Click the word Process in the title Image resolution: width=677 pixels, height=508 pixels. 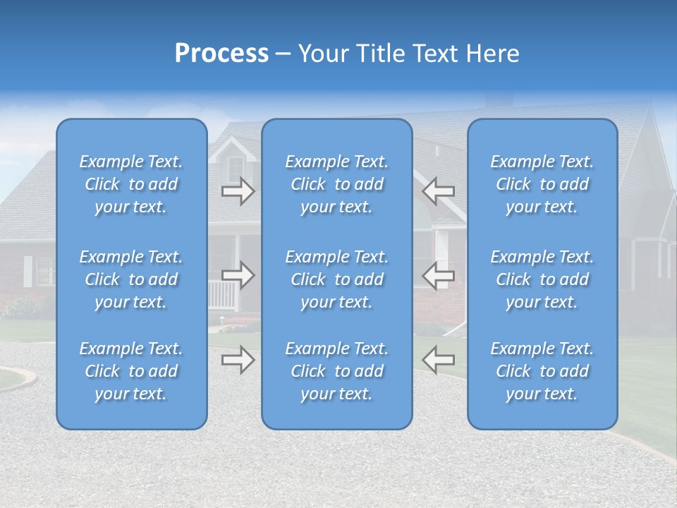[221, 54]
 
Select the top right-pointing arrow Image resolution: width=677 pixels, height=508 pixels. [238, 191]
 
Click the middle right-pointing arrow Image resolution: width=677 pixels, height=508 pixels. [238, 275]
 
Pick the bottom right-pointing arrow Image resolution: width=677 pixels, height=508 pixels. [238, 360]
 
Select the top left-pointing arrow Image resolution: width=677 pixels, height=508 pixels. [438, 191]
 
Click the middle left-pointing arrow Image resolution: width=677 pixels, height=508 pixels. [438, 275]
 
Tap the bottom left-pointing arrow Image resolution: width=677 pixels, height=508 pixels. [438, 360]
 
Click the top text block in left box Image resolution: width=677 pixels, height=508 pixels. [131, 184]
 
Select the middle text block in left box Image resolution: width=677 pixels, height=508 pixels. [131, 279]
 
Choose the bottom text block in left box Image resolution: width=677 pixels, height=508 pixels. [131, 371]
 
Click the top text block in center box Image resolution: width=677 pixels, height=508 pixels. [337, 184]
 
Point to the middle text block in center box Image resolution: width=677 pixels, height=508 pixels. [337, 279]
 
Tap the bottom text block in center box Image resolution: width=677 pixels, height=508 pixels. [337, 371]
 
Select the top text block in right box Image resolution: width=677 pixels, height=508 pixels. [542, 184]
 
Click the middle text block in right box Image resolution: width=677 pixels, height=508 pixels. [542, 279]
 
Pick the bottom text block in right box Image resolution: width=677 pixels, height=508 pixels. [542, 371]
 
